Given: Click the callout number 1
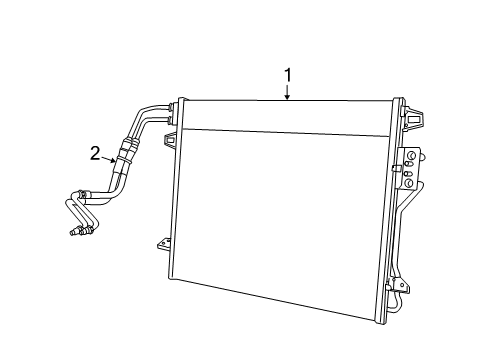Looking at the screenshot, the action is click(x=287, y=74).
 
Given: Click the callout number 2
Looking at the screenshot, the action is click(x=96, y=152).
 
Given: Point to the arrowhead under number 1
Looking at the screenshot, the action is click(x=287, y=98).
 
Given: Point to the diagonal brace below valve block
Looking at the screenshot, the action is click(x=404, y=225).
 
